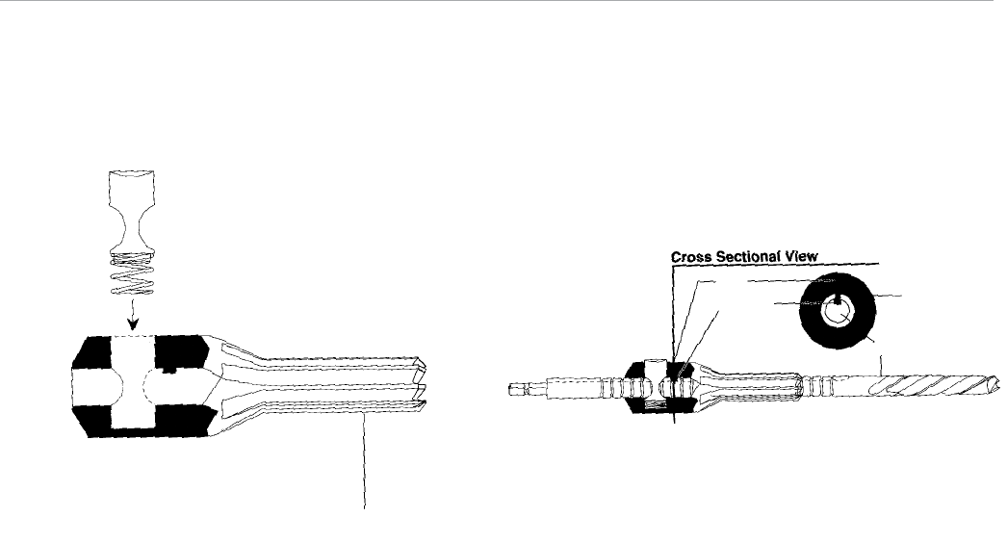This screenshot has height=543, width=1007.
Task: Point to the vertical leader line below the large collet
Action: click(365, 472)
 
